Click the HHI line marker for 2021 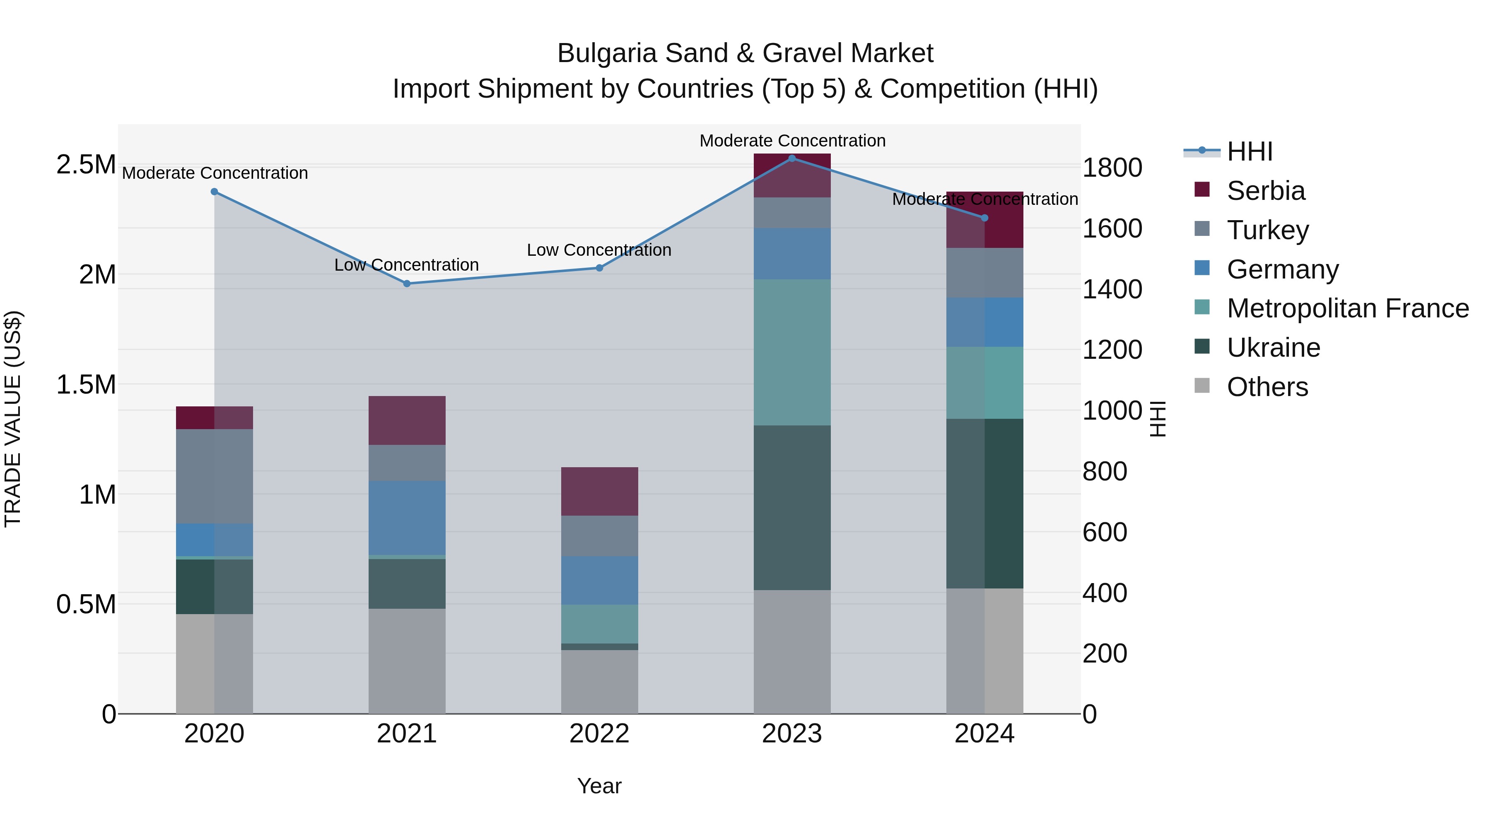pos(406,283)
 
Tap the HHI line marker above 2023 pos(792,158)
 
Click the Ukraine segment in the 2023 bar pos(792,507)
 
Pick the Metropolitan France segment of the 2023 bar pos(792,352)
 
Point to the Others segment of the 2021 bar pos(406,660)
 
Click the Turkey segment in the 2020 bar pos(214,476)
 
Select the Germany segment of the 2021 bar pos(406,518)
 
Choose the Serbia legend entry pos(1265,191)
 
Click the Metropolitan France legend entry pos(1347,308)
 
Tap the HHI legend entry pos(1249,151)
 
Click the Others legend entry pos(1267,387)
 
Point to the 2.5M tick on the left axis pos(86,165)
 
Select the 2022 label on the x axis pos(599,734)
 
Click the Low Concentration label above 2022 pos(599,250)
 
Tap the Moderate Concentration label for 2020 pos(215,173)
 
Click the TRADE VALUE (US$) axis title pos(13,419)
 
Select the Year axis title pos(599,786)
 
